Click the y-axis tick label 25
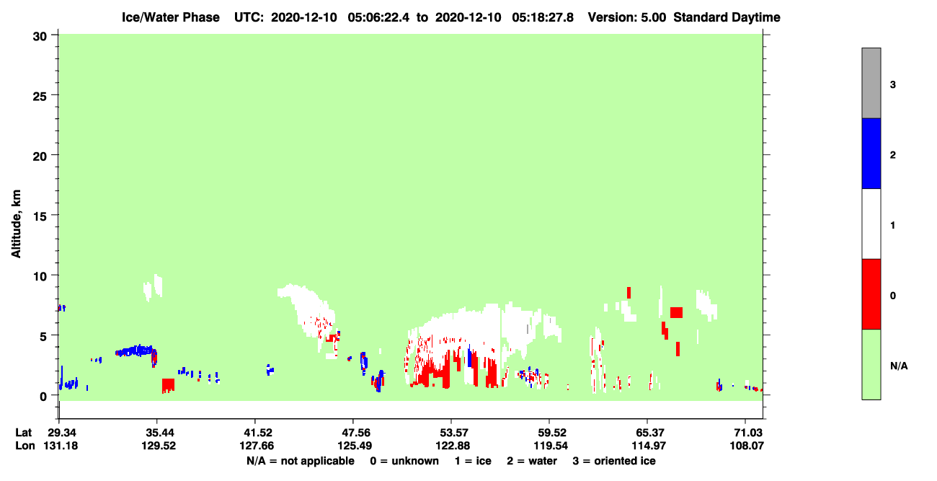[40, 97]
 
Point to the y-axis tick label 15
[40, 217]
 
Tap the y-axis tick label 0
[43, 397]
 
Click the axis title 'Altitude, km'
[16, 224]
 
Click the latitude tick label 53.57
[451, 433]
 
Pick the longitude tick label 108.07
[747, 446]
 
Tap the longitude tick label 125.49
[355, 446]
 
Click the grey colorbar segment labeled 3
[871, 83]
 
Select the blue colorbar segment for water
[871, 153]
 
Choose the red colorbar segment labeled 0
[871, 294]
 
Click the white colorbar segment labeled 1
[871, 224]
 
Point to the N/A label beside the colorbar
[899, 366]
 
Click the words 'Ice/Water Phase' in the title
[171, 17]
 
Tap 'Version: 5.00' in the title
[626, 17]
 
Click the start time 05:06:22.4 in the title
[378, 17]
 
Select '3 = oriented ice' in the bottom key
[614, 461]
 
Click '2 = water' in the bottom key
[532, 461]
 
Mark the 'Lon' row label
[25, 446]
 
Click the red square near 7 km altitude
[676, 312]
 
